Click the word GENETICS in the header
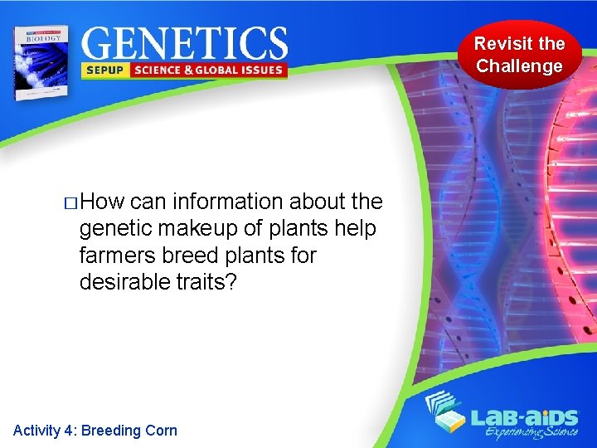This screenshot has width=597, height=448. click(185, 43)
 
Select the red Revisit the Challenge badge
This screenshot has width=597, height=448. click(519, 55)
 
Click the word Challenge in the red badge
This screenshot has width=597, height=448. click(519, 66)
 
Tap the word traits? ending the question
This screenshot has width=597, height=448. click(210, 281)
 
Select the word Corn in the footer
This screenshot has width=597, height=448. click(161, 430)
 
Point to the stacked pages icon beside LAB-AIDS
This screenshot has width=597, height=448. click(449, 415)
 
